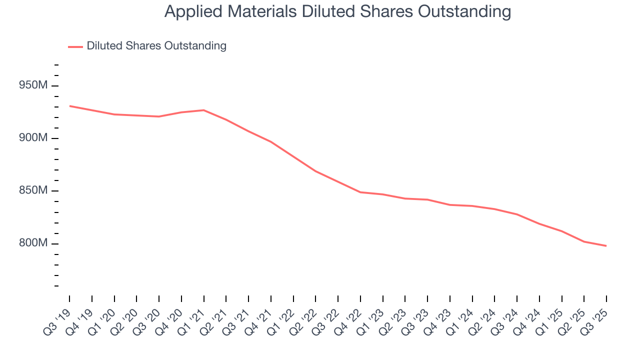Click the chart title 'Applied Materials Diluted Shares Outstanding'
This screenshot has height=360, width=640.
point(337,11)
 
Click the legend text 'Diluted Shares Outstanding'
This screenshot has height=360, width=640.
point(156,46)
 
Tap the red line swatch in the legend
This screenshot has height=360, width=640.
point(75,46)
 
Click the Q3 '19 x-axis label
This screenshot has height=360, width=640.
point(58,319)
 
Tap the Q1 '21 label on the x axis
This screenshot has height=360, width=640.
point(193,319)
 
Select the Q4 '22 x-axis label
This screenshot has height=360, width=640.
point(349,319)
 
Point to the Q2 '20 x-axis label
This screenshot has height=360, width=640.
point(125,319)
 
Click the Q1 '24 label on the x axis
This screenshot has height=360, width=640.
point(461,319)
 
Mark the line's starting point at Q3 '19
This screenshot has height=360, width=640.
point(69,106)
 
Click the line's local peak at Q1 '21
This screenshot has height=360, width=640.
point(203,110)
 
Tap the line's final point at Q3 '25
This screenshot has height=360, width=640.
point(606,245)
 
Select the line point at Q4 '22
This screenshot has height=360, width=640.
point(360,192)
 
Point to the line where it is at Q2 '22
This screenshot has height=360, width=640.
point(315,171)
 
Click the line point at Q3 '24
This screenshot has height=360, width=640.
point(517,214)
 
